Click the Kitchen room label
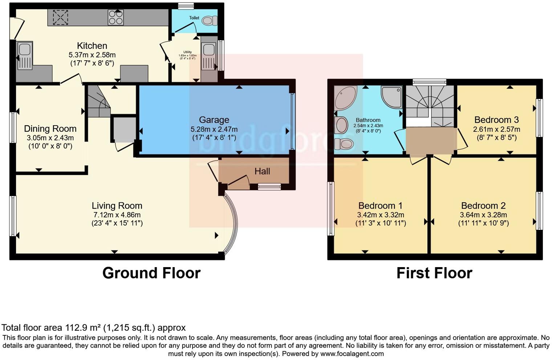[x=92, y=46]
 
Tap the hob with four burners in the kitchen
[x=115, y=17]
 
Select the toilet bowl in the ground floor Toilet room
[x=209, y=21]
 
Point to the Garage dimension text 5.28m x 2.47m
[x=214, y=129]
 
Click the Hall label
[x=262, y=171]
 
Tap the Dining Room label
[x=50, y=128]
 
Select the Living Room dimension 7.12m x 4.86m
[x=117, y=215]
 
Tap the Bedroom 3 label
[x=496, y=120]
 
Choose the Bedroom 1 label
[x=380, y=206]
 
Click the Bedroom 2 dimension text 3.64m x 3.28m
[x=483, y=215]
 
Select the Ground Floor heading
[x=151, y=273]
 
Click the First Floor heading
[x=434, y=273]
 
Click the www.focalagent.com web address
[x=352, y=354]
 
